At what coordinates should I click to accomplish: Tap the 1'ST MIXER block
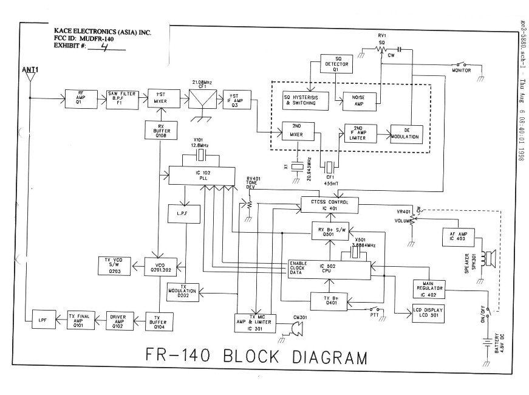(x=161, y=97)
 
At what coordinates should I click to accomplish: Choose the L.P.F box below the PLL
(x=180, y=215)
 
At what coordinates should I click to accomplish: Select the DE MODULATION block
(x=405, y=135)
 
